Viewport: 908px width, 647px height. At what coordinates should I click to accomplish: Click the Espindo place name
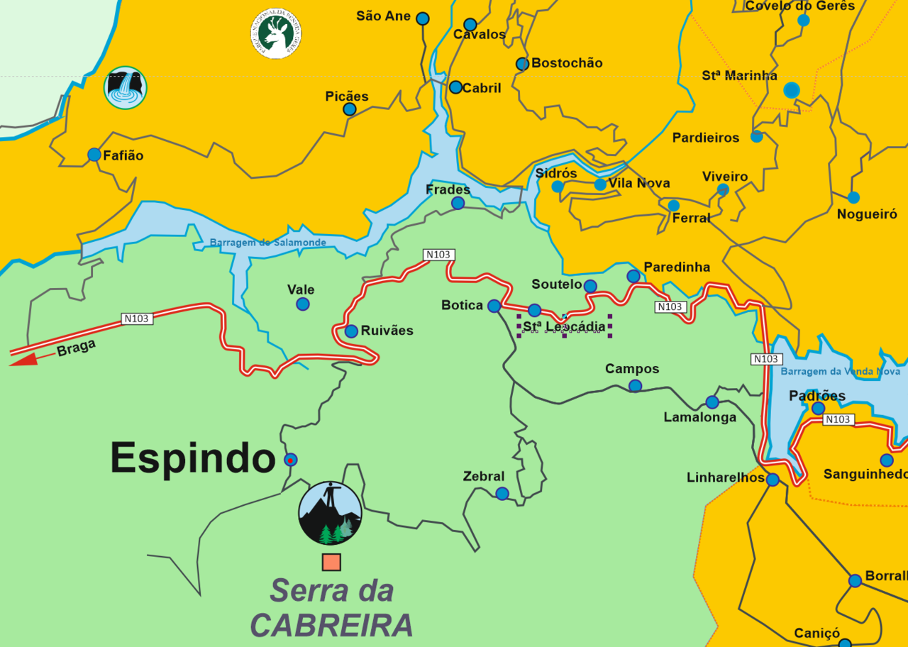192,458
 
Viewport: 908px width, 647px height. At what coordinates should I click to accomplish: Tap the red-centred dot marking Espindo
290,460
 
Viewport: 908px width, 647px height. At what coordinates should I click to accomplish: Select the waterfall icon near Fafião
126,88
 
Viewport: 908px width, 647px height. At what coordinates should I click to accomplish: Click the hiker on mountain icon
330,513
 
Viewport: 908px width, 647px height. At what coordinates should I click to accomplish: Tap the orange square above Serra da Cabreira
331,562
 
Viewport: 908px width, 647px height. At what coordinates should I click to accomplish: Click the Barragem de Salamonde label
267,243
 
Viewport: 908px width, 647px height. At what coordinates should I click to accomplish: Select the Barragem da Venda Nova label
840,371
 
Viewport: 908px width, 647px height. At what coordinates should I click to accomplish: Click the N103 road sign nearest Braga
136,319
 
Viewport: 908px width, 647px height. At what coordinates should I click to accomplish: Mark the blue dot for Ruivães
351,331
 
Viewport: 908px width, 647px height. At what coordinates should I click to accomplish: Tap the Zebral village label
483,477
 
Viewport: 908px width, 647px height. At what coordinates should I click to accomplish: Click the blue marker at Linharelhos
773,480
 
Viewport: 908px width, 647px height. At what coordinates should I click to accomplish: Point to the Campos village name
631,369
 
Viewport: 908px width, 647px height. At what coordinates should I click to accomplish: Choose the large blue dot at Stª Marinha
792,90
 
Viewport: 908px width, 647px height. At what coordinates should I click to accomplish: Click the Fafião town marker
94,155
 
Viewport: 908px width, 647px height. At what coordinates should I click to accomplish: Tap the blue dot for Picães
349,109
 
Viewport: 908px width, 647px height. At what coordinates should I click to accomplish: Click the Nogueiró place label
867,214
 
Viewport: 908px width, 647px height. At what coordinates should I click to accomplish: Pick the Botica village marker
494,306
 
